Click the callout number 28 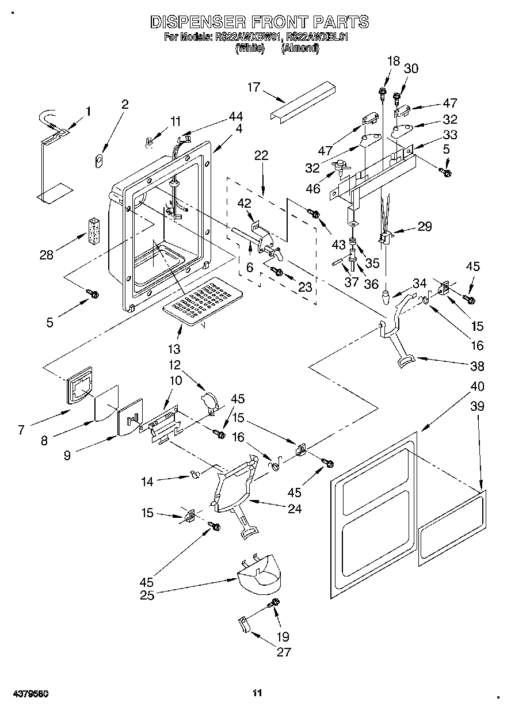click(48, 255)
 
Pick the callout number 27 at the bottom click(284, 652)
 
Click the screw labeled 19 click(274, 604)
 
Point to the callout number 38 click(477, 366)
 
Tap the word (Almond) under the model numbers click(300, 49)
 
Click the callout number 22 click(261, 155)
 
